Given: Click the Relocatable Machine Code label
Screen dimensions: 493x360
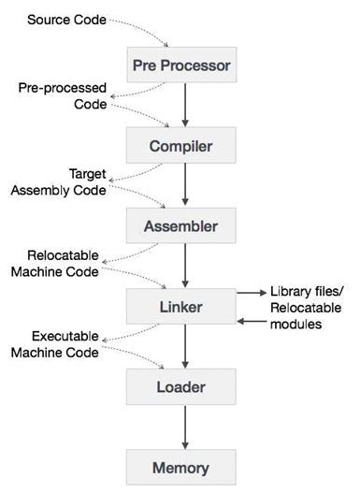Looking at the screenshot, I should (58, 262).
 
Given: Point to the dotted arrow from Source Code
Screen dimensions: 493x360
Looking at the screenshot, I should (140, 28).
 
